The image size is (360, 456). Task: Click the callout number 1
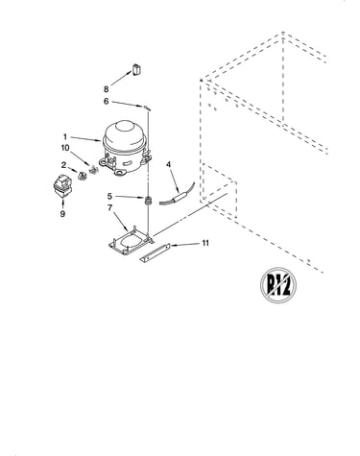65,137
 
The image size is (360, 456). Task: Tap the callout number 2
64,165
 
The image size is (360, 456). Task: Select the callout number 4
168,164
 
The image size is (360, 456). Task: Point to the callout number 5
109,196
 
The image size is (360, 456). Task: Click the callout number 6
107,101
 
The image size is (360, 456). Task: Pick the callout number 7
110,207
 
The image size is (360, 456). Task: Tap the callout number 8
106,89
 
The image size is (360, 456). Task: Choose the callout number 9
62,213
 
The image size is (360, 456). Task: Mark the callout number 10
65,148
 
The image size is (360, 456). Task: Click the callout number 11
205,243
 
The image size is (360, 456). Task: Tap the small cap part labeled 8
136,69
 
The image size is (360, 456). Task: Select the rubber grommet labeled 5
148,201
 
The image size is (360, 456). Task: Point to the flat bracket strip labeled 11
155,252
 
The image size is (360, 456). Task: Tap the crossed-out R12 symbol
277,285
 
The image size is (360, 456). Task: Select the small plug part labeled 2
83,176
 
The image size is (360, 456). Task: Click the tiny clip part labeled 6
147,108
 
